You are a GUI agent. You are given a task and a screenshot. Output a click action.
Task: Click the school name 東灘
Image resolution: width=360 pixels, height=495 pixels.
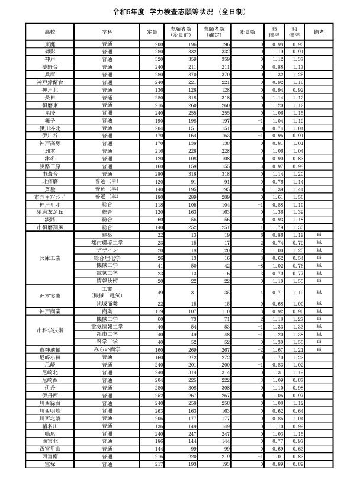50,44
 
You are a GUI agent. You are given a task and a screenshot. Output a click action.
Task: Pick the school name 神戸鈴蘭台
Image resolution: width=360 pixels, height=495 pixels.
50,82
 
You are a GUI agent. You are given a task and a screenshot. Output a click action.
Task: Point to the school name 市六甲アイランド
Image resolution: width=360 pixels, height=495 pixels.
50,196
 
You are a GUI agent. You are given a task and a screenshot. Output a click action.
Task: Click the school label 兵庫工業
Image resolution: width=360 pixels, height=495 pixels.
50,258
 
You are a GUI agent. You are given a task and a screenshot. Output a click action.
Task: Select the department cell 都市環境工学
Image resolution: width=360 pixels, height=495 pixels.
107,242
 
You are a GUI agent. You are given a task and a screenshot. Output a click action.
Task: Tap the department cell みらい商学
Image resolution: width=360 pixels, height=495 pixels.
107,350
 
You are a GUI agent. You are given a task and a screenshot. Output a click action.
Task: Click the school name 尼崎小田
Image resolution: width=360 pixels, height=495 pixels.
50,358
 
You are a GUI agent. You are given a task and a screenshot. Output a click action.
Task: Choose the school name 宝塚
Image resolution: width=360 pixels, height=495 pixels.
50,465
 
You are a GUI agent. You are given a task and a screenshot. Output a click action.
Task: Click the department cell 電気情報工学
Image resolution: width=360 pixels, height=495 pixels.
107,326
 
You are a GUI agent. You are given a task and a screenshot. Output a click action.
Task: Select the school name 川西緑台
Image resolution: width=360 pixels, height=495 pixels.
50,403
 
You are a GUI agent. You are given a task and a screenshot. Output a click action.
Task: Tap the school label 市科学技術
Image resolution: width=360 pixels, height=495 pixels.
50,330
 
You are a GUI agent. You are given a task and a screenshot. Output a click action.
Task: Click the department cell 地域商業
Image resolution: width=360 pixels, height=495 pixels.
107,303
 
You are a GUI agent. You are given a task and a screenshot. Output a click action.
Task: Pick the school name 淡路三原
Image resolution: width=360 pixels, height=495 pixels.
50,166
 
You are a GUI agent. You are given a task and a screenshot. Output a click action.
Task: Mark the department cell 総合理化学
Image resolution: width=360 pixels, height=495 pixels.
107,258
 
